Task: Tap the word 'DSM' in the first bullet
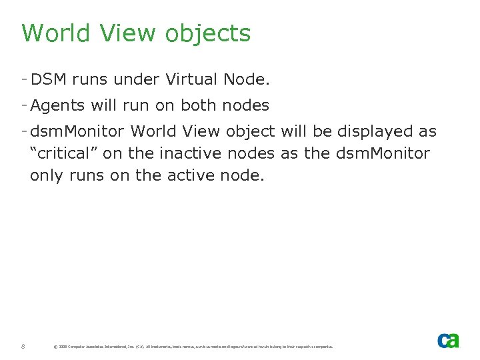tap(49, 80)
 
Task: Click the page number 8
tap(23, 346)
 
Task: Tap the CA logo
tap(448, 340)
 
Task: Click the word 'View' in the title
tap(129, 33)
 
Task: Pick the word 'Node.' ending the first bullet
tap(247, 80)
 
